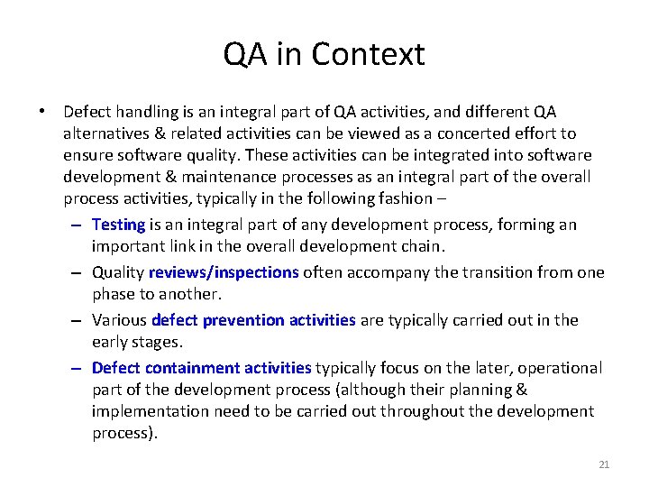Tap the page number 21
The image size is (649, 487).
(x=604, y=464)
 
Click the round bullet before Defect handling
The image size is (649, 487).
(x=42, y=112)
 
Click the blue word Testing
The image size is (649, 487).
(x=118, y=225)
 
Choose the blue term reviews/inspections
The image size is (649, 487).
(x=224, y=272)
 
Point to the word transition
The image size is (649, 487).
(x=498, y=272)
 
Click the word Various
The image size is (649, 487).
(x=120, y=320)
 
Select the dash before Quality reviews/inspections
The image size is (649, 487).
(x=78, y=272)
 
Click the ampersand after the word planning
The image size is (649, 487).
(x=522, y=390)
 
